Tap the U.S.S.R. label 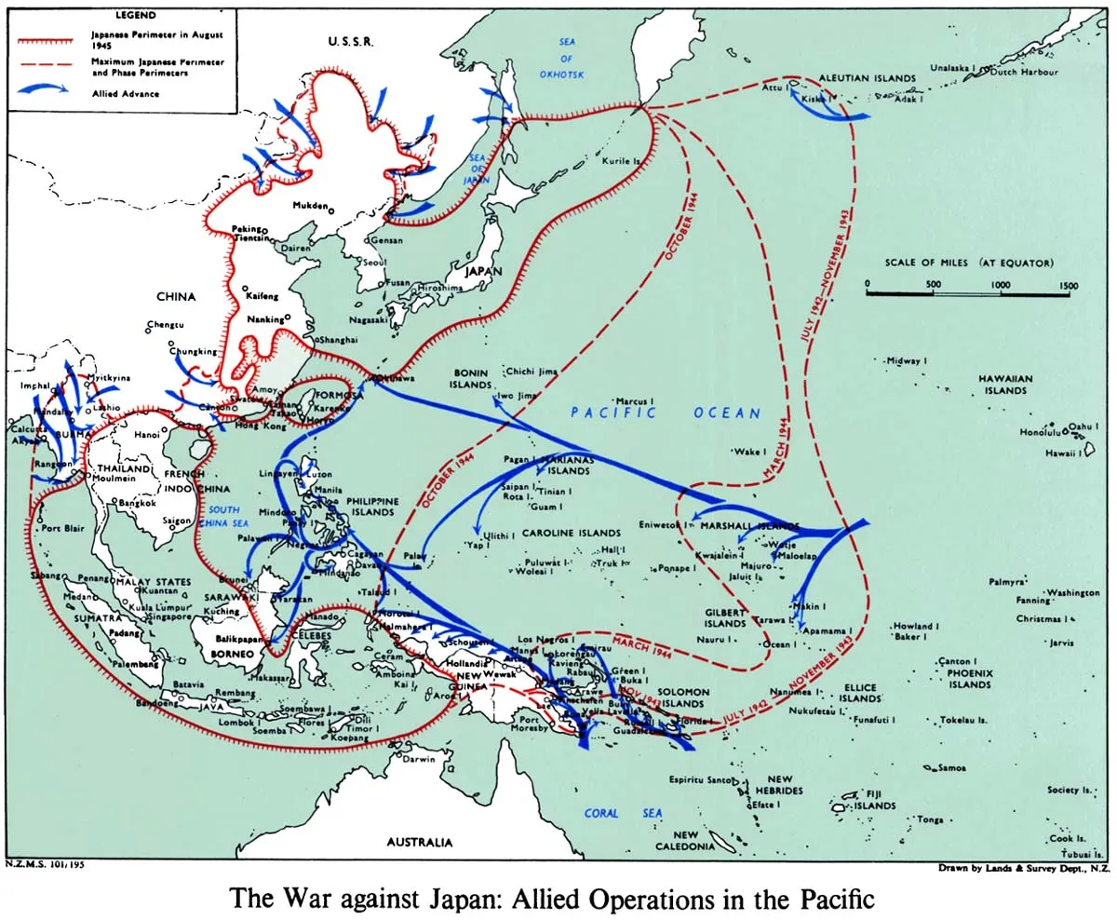[x=351, y=43]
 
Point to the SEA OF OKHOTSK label [x=568, y=58]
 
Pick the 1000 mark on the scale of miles [x=1001, y=284]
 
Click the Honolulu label [x=1040, y=432]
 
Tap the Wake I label [x=747, y=452]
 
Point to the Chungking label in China [x=193, y=352]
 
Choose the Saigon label [x=177, y=521]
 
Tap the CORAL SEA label [x=624, y=813]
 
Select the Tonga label [x=930, y=819]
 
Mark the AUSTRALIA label [x=420, y=842]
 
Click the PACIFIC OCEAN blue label [x=665, y=413]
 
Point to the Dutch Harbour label [x=1024, y=72]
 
